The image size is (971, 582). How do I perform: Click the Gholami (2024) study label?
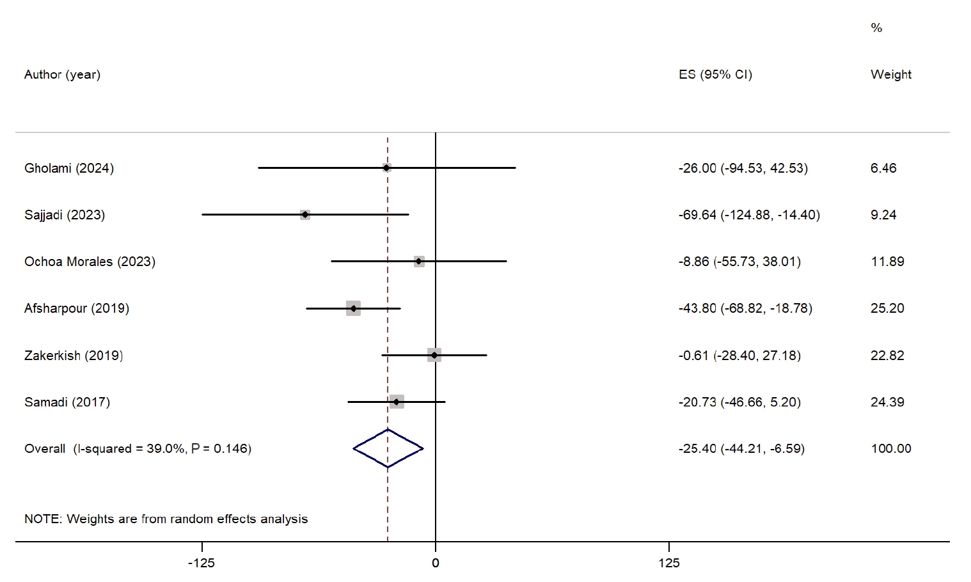tap(69, 168)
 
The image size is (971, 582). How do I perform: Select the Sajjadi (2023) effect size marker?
tap(305, 215)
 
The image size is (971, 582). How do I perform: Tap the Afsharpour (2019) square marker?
tap(353, 308)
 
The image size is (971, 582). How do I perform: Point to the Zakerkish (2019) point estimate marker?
tap(434, 355)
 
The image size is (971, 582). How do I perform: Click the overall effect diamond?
tap(388, 448)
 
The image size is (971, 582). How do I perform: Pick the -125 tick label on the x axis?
tap(201, 563)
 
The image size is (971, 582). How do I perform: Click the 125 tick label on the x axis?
tap(669, 563)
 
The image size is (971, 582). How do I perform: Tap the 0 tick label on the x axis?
tap(436, 563)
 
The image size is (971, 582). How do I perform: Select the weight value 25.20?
tap(887, 308)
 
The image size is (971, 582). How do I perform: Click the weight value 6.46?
tap(883, 168)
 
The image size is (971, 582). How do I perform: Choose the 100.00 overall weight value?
tap(891, 448)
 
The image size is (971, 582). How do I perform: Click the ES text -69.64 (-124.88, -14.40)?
tap(749, 215)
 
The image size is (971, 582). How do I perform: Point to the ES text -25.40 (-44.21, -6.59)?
tap(741, 448)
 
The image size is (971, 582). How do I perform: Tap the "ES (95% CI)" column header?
tap(715, 74)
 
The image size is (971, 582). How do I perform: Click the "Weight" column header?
tap(891, 74)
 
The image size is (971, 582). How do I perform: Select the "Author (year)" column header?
tap(62, 74)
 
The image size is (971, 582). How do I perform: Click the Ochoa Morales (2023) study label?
tap(90, 262)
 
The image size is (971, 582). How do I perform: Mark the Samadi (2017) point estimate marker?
tap(397, 402)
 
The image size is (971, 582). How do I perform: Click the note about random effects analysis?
tap(166, 519)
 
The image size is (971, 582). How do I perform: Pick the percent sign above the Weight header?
tap(876, 28)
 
